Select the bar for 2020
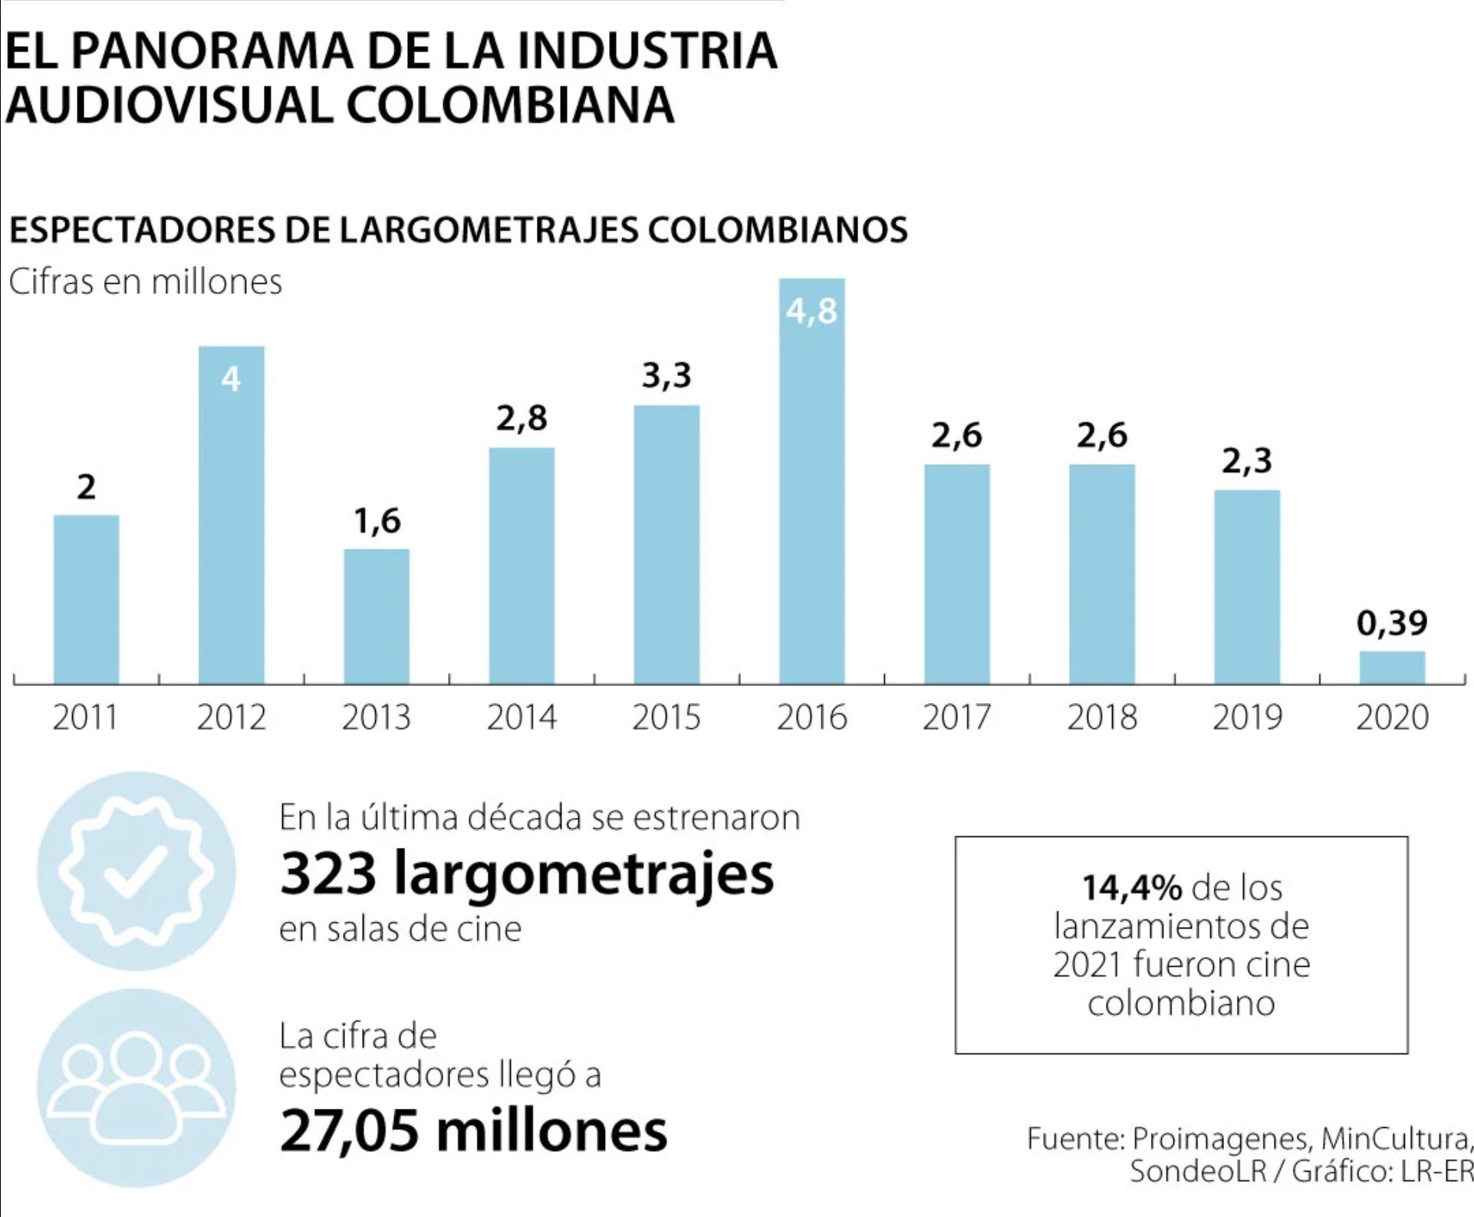pyautogui.click(x=1392, y=668)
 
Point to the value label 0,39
pyautogui.click(x=1392, y=622)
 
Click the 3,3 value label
pyautogui.click(x=666, y=375)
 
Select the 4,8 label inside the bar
pyautogui.click(x=811, y=311)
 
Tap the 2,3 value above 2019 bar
pyautogui.click(x=1247, y=460)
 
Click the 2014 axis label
pyautogui.click(x=521, y=717)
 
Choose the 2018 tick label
pyautogui.click(x=1102, y=717)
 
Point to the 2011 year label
pyautogui.click(x=85, y=717)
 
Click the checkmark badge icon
pyautogui.click(x=137, y=871)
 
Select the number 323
pyautogui.click(x=328, y=873)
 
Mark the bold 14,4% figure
pyautogui.click(x=1132, y=888)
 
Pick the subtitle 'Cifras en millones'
pyautogui.click(x=146, y=282)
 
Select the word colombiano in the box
pyautogui.click(x=1181, y=1003)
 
